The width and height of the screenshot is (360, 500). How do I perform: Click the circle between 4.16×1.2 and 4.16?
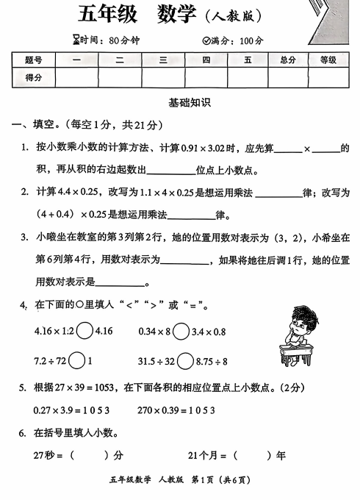(84, 331)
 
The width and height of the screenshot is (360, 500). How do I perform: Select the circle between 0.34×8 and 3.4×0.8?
(179, 331)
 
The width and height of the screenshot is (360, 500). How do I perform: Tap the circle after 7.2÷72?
(77, 361)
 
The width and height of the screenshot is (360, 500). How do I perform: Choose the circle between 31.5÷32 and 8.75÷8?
(185, 361)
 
